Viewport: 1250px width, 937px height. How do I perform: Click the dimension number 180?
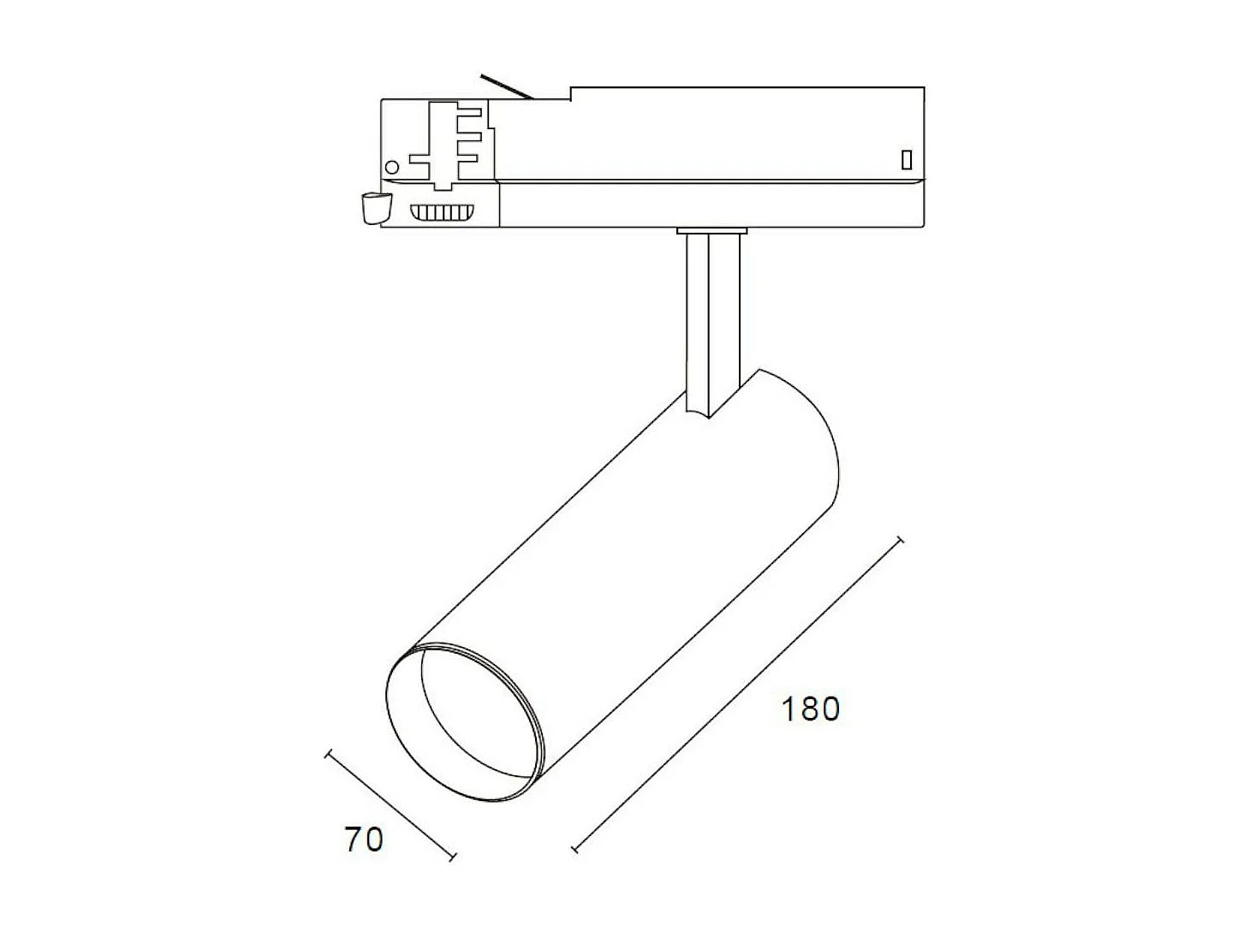pos(810,709)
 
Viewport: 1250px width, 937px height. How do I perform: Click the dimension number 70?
pos(364,839)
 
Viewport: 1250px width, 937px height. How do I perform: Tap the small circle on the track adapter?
pos(393,166)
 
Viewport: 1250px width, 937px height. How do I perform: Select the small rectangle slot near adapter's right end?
pos(906,159)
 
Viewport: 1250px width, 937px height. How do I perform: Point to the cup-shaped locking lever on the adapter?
pos(374,208)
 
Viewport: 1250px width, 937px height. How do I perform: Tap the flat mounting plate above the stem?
pos(711,230)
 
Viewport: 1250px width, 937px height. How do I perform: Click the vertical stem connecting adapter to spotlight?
pos(711,317)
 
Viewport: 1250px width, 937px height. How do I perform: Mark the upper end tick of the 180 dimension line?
pos(898,541)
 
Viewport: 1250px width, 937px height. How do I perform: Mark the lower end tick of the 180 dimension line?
pos(575,850)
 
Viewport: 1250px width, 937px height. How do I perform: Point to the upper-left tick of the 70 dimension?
pos(328,754)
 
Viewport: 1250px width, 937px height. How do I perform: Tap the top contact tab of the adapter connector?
pos(471,111)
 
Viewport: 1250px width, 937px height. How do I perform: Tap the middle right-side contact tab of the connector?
pos(471,133)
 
